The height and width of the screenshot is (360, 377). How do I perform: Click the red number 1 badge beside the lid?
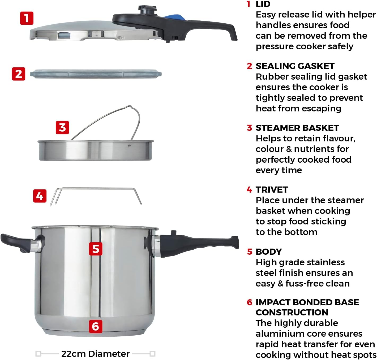click(27, 18)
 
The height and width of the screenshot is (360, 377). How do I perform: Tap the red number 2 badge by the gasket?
click(19, 74)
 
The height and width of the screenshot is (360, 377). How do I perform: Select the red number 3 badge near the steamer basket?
click(62, 128)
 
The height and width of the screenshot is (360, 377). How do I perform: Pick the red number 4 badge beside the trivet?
click(40, 196)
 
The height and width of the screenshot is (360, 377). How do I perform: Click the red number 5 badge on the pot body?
click(96, 249)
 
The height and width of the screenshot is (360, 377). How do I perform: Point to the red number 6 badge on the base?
click(96, 326)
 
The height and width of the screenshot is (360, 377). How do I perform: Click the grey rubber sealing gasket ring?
click(96, 74)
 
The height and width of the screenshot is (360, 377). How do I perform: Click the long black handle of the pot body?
click(198, 244)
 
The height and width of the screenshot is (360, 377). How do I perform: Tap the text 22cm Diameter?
click(95, 354)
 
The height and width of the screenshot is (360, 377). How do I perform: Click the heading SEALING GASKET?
click(295, 66)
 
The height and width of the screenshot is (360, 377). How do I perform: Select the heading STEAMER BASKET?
click(297, 128)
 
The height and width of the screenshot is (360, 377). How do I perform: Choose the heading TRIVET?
click(272, 190)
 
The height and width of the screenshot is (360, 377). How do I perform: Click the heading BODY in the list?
click(269, 252)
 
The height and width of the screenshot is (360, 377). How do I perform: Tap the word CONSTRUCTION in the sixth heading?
click(292, 313)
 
